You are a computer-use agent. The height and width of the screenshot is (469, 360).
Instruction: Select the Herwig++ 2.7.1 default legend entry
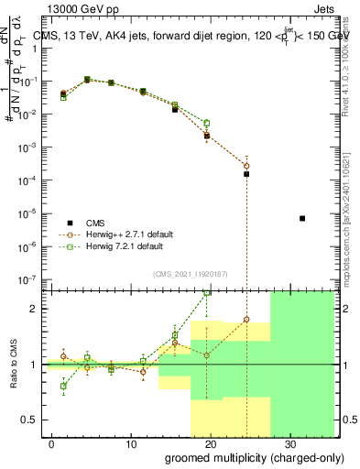[x=121, y=234]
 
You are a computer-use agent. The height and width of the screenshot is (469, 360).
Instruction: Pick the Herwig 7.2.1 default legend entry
[x=118, y=246]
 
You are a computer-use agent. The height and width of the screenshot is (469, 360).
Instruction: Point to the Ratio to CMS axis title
[x=15, y=365]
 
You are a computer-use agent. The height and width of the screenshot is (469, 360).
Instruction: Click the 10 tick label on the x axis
[x=131, y=443]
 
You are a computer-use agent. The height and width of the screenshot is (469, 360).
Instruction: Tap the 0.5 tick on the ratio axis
[x=34, y=420]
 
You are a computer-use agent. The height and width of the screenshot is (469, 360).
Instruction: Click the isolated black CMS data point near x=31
[x=302, y=218]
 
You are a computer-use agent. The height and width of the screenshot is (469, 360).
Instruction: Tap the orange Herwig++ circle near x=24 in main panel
[x=246, y=165]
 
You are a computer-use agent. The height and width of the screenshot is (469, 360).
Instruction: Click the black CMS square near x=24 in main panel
[x=246, y=173]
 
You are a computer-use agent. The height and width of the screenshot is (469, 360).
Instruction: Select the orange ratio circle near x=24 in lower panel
[x=246, y=320]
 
